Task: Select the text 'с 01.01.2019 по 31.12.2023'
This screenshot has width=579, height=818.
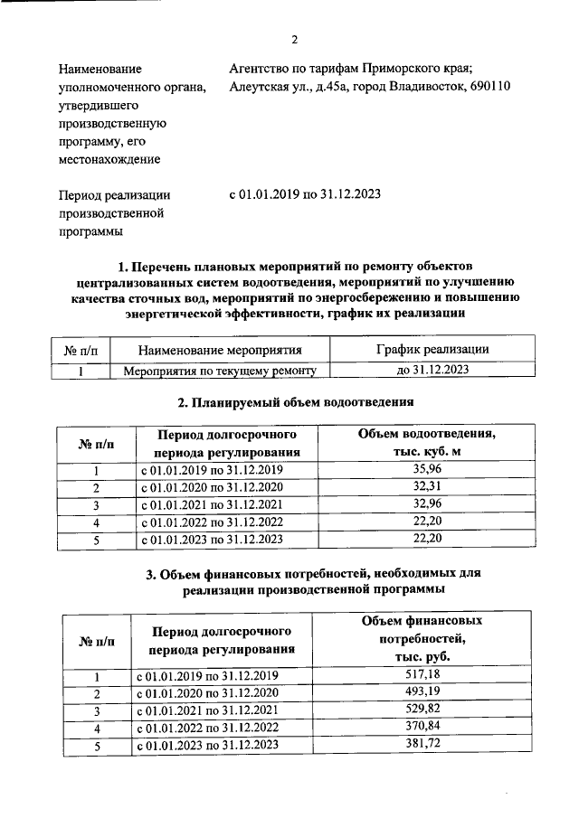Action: [x=305, y=194]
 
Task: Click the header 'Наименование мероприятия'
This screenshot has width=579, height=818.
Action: [x=220, y=349]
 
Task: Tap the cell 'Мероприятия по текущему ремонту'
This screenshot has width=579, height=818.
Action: [x=220, y=370]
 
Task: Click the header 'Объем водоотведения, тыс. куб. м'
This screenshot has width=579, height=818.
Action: [x=426, y=442]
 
